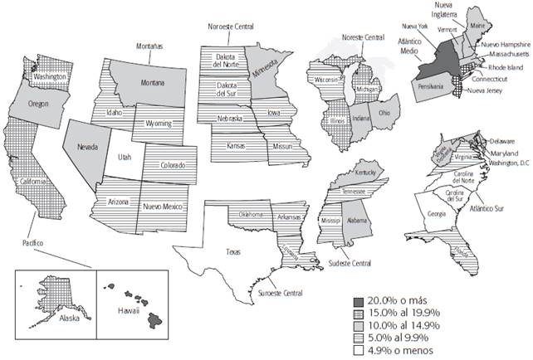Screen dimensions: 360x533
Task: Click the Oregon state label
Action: pyautogui.click(x=38, y=105)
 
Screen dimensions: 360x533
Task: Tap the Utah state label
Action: pyautogui.click(x=124, y=156)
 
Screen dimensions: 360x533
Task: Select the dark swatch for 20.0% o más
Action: pyautogui.click(x=356, y=300)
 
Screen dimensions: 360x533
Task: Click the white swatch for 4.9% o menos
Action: pyautogui.click(x=356, y=348)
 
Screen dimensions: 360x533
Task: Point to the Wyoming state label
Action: pyautogui.click(x=158, y=124)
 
